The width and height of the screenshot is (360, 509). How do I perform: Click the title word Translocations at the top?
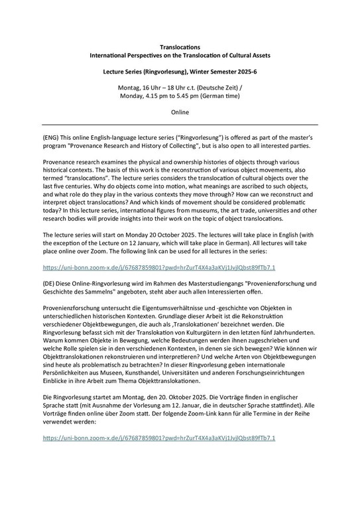click(x=180, y=48)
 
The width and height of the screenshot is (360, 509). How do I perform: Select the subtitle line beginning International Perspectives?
click(x=180, y=58)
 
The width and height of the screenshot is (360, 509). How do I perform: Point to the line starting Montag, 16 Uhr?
click(x=180, y=97)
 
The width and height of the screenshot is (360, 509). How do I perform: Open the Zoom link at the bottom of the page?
click(x=158, y=438)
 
